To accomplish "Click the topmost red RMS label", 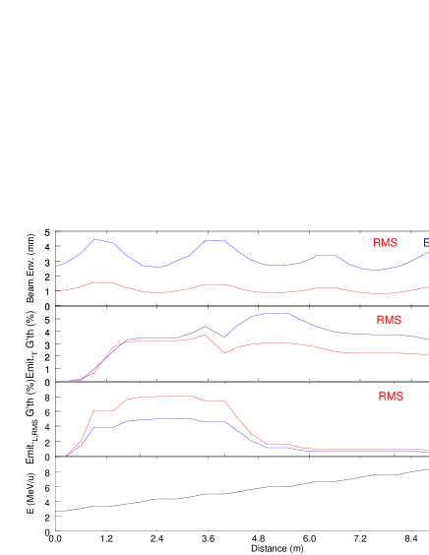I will [385, 243].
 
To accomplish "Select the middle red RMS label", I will [389, 320].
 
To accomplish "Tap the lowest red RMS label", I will [391, 397].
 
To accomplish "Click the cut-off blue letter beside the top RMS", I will [426, 243].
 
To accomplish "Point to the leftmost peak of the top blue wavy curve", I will [95, 239].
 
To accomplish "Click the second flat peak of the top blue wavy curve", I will [214, 240].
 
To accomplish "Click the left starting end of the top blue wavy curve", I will [57, 267].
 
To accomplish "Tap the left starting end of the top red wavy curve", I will [58, 290].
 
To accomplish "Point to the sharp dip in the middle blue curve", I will [224, 337].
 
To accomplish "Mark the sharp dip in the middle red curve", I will [224, 352].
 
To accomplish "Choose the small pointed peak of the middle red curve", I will [205, 335].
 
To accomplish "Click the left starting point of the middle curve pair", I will [58, 381].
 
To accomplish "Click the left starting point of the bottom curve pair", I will [66, 457].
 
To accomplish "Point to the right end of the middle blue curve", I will [427, 339].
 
